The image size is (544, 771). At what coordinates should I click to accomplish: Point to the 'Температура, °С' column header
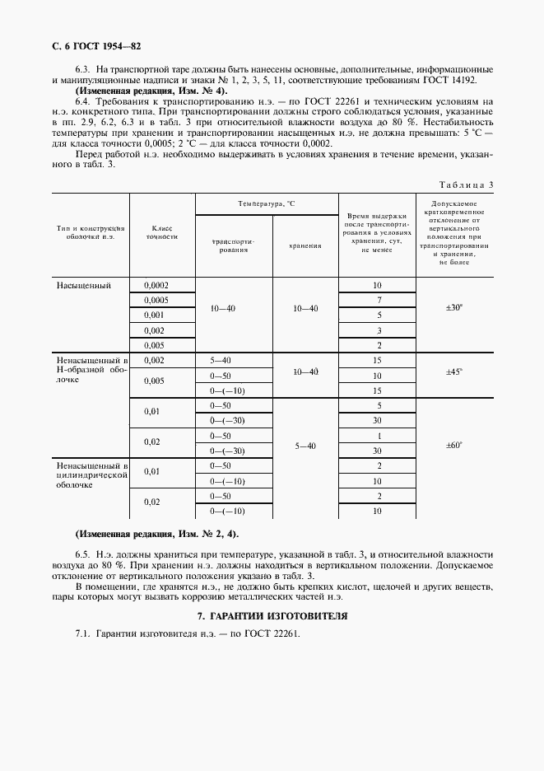pyautogui.click(x=266, y=203)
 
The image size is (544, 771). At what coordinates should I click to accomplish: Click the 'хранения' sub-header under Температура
pyautogui.click(x=305, y=245)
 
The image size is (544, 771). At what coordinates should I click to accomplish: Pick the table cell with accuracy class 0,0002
pyautogui.click(x=156, y=285)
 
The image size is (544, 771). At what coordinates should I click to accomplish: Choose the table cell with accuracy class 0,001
pyautogui.click(x=154, y=315)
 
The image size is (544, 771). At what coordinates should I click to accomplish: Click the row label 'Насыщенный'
pyautogui.click(x=83, y=285)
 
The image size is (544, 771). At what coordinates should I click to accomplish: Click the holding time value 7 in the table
pyautogui.click(x=379, y=300)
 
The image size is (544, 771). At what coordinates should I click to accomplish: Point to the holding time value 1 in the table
pyautogui.click(x=379, y=435)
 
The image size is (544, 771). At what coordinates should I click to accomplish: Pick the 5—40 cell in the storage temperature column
pyautogui.click(x=305, y=446)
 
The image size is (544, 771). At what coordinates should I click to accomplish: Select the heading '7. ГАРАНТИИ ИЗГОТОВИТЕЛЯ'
pyautogui.click(x=272, y=615)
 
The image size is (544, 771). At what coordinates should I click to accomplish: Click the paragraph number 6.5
pyautogui.click(x=83, y=554)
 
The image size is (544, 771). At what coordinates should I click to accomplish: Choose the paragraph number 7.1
pyautogui.click(x=82, y=633)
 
